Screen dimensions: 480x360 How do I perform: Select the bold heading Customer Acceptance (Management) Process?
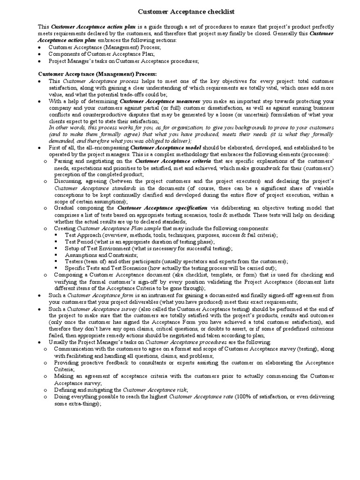97,74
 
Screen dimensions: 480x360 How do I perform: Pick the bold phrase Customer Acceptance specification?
162,208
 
